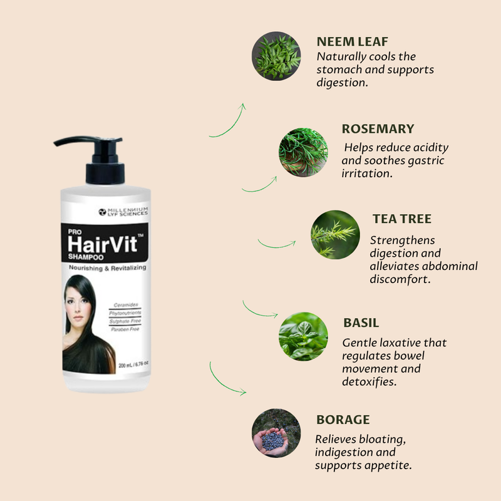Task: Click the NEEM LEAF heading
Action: coord(352,41)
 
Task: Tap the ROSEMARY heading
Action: coord(378,129)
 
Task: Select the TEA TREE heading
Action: coord(402,219)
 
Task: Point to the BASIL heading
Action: coord(361,323)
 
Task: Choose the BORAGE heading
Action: coord(343,420)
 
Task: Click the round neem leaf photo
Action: coord(276,56)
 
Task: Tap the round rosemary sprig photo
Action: coord(303,152)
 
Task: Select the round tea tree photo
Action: coord(335,234)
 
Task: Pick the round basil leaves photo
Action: coord(303,337)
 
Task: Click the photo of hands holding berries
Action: coord(276,433)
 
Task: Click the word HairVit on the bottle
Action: coord(103,244)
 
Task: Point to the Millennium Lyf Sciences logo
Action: coord(123,212)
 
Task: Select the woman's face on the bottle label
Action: coord(76,305)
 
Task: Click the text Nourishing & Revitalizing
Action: coord(107,268)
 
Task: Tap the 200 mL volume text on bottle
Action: coord(133,364)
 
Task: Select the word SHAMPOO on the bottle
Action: coord(86,257)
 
